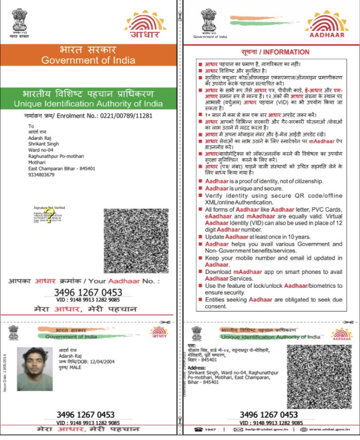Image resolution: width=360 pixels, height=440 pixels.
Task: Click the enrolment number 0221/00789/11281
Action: [x=123, y=116]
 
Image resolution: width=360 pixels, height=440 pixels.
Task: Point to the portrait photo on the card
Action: [x=34, y=368]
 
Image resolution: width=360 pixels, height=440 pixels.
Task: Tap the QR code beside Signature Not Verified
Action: [x=137, y=241]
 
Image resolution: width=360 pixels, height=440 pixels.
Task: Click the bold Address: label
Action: [x=196, y=369]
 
